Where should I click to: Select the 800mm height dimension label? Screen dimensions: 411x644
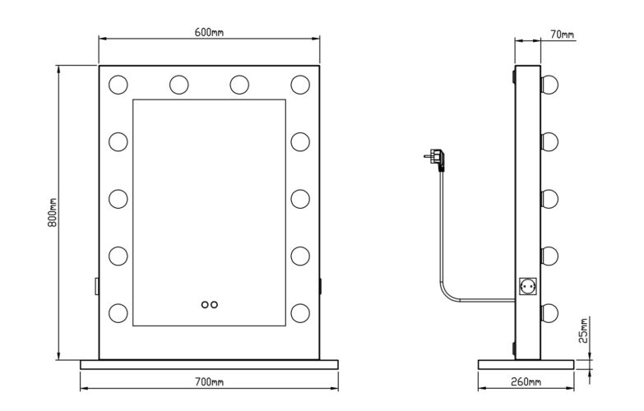52,213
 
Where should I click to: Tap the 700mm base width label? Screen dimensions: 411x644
209,382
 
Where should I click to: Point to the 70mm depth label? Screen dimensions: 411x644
563,35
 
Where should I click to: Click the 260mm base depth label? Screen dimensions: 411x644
526,382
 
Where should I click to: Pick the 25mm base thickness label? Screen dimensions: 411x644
584,331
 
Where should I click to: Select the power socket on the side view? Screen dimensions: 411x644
526,287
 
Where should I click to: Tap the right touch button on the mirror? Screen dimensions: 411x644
215,304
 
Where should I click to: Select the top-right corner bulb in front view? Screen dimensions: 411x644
299,84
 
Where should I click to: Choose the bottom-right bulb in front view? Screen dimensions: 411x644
299,312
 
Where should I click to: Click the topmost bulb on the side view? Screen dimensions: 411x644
549,84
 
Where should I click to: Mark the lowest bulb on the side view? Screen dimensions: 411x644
549,312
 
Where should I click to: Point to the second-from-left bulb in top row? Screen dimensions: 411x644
179,84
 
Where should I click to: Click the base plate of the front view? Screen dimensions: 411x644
209,364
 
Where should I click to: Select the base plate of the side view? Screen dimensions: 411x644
526,364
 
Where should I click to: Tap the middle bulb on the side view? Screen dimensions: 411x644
549,198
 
